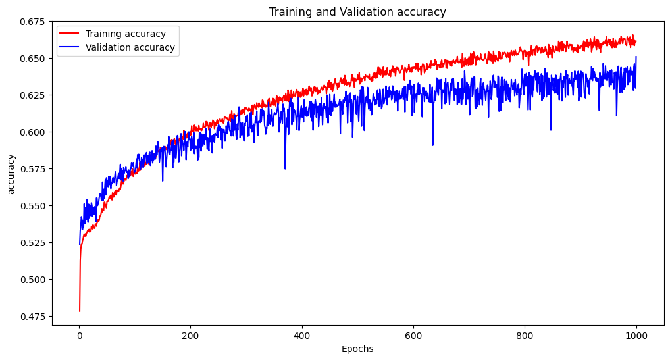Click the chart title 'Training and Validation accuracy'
(x=357, y=12)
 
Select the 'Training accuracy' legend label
(x=125, y=34)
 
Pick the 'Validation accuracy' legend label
(x=130, y=47)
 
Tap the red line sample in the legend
(x=70, y=34)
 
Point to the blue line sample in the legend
(x=70, y=47)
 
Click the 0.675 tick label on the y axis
(x=32, y=22)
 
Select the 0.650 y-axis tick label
(x=32, y=59)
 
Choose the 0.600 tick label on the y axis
(x=32, y=132)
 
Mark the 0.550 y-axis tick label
(x=32, y=206)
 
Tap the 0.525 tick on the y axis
(x=32, y=243)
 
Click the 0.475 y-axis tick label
(x=32, y=317)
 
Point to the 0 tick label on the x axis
(x=80, y=336)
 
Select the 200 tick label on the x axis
(x=191, y=336)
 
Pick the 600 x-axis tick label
(x=413, y=336)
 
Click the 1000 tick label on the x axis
(x=636, y=336)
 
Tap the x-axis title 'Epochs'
(x=357, y=349)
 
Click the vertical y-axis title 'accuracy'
(x=11, y=174)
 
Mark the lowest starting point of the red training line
(x=80, y=311)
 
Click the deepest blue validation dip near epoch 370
(x=285, y=168)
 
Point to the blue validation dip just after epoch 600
(x=432, y=145)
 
